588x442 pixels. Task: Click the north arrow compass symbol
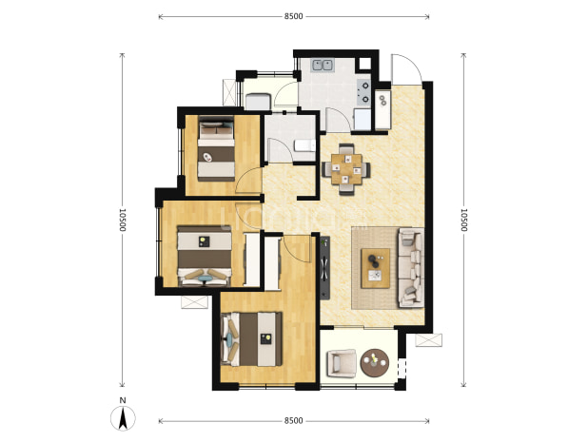pyautogui.click(x=123, y=417)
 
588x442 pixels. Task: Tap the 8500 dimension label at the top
pyautogui.click(x=293, y=16)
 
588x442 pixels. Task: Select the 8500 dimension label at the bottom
pyautogui.click(x=293, y=421)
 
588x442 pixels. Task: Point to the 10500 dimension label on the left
pyautogui.click(x=122, y=220)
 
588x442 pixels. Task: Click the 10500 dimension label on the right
pyautogui.click(x=463, y=220)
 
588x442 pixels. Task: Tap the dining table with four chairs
pyautogui.click(x=346, y=169)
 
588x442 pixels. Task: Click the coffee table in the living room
pyautogui.click(x=375, y=268)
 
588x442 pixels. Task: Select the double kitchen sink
pyautogui.click(x=323, y=66)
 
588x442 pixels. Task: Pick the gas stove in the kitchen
pyautogui.click(x=364, y=92)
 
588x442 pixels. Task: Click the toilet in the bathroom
pyautogui.click(x=304, y=145)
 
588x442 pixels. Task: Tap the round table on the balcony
pyautogui.click(x=374, y=362)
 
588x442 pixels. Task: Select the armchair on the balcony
pyautogui.click(x=342, y=363)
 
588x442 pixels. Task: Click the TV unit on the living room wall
pyautogui.click(x=324, y=268)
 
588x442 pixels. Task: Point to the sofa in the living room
pyautogui.click(x=411, y=267)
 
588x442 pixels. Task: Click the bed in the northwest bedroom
pyautogui.click(x=216, y=148)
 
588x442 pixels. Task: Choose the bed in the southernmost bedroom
pyautogui.click(x=251, y=339)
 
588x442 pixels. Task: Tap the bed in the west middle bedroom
pyautogui.click(x=205, y=256)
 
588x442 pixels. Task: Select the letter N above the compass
pyautogui.click(x=123, y=400)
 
